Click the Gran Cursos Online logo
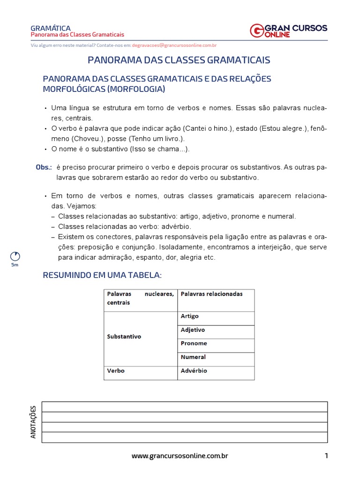click(x=288, y=30)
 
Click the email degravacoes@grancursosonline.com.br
click(x=174, y=45)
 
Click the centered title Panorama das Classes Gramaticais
click(x=180, y=60)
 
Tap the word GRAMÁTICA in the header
click(x=50, y=28)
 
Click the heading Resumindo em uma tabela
click(x=102, y=275)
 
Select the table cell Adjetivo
click(x=193, y=330)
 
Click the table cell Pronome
click(x=194, y=344)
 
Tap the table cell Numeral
click(x=193, y=357)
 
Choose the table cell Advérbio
click(x=194, y=371)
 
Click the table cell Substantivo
click(x=124, y=337)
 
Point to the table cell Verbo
click(x=116, y=371)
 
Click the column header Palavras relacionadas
click(x=211, y=294)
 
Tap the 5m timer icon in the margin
click(x=15, y=257)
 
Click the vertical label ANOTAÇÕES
click(x=33, y=422)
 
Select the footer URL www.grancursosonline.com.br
click(x=180, y=456)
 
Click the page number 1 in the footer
click(x=326, y=456)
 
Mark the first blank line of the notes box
click(x=184, y=406)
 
